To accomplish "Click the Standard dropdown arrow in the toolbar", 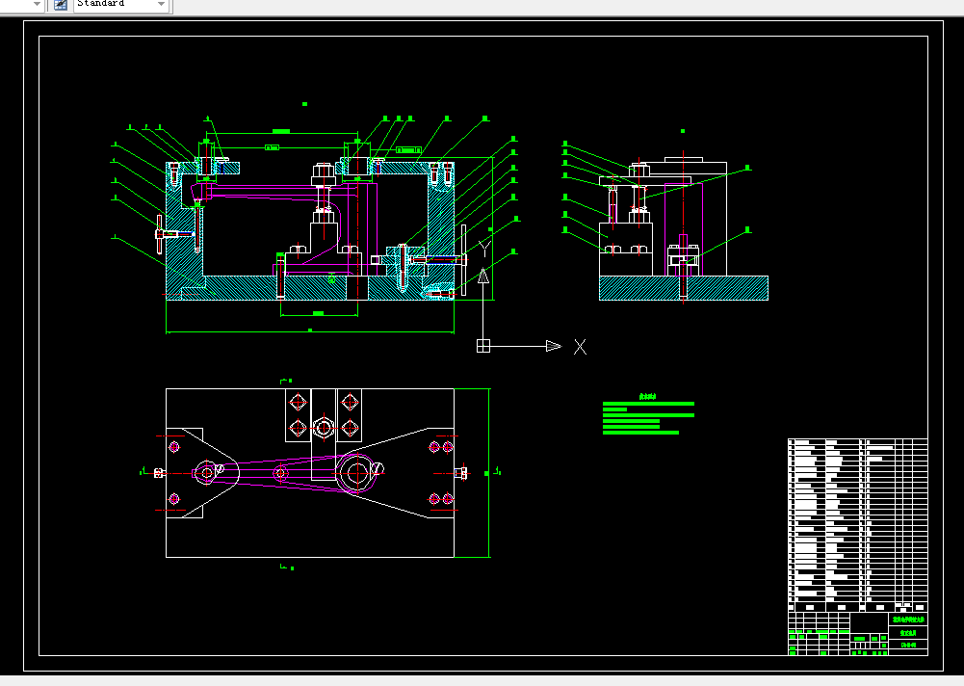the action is [160, 5].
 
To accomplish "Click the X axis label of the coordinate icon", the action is [580, 347].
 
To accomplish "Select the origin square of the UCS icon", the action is [483, 346].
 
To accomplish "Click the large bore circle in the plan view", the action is [356, 472].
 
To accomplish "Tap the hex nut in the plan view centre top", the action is [323, 426].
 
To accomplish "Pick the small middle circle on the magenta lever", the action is [280, 473].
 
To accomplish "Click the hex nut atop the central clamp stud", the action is [323, 174].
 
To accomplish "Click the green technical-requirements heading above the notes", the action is [647, 396].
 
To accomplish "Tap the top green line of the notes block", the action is [647, 404].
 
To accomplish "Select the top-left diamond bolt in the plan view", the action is [296, 401].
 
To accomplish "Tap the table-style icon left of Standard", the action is [60, 5].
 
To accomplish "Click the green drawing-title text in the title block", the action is [908, 620].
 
